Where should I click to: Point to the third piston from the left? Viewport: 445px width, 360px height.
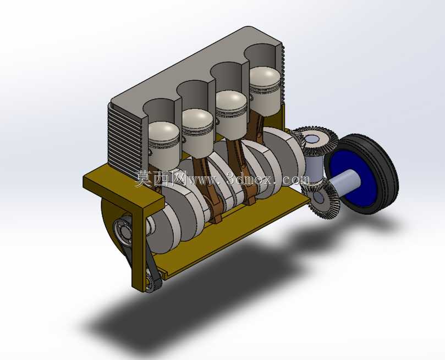point(231,114)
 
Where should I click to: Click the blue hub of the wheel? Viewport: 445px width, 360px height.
point(358,179)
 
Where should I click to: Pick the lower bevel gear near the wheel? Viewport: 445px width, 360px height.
point(322,198)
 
